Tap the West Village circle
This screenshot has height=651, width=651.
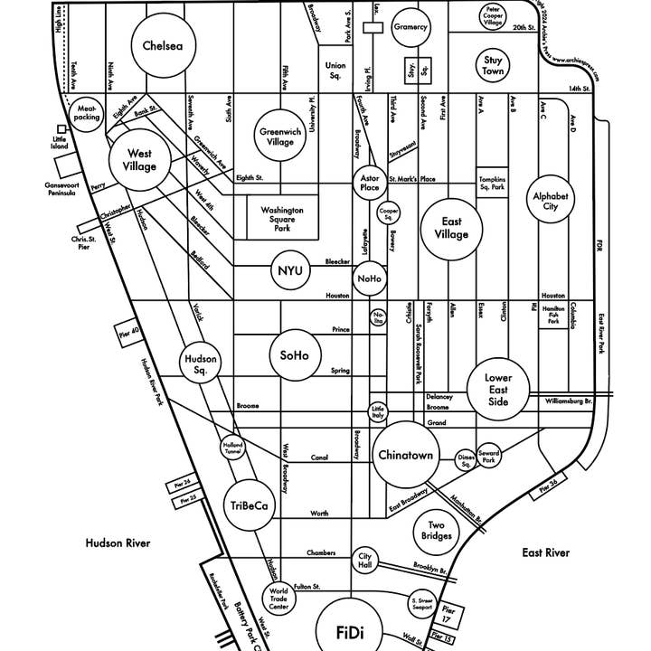(140, 160)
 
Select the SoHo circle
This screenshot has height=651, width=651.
(295, 355)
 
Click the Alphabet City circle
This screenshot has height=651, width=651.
(552, 201)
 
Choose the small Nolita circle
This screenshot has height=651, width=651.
(378, 316)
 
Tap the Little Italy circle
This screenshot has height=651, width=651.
(378, 412)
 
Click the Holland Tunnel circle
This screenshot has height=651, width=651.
(233, 448)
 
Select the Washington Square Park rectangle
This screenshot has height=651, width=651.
(282, 217)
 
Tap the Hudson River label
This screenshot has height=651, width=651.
(118, 543)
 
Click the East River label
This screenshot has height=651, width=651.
(546, 552)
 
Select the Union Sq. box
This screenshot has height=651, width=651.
(335, 70)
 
